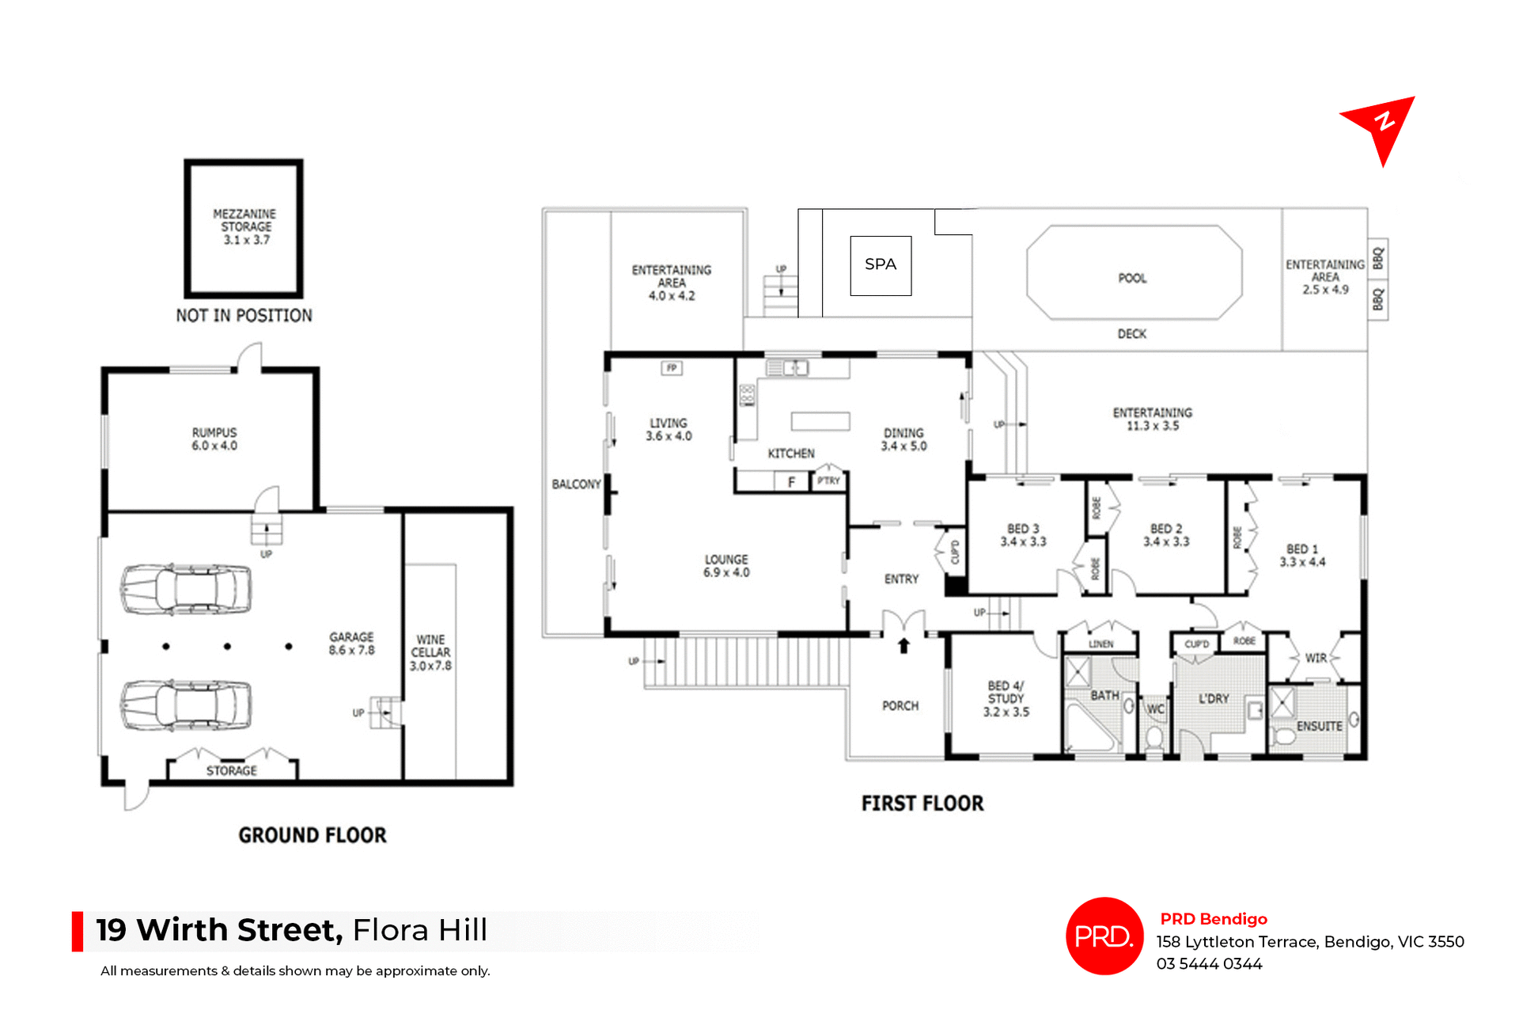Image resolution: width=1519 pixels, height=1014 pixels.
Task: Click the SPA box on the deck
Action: pyautogui.click(x=881, y=265)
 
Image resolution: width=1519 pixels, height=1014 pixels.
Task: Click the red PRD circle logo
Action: pyautogui.click(x=1104, y=936)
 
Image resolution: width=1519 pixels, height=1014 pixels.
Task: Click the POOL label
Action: pyautogui.click(x=1132, y=278)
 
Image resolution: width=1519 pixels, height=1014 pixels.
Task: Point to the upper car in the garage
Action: pyautogui.click(x=186, y=589)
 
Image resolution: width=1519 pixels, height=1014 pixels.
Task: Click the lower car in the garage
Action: pyautogui.click(x=186, y=704)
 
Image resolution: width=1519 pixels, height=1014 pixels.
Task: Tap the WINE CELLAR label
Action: pyautogui.click(x=430, y=652)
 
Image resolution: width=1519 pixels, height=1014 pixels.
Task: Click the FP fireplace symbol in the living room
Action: pyautogui.click(x=672, y=368)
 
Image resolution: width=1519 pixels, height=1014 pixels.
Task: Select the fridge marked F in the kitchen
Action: pyautogui.click(x=791, y=481)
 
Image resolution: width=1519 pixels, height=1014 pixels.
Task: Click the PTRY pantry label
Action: pyautogui.click(x=828, y=480)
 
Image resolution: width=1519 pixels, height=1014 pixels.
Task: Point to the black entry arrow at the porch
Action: pyautogui.click(x=903, y=646)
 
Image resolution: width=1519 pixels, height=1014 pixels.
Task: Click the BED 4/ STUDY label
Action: pyautogui.click(x=1006, y=698)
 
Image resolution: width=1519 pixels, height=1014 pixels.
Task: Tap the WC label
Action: pyautogui.click(x=1155, y=709)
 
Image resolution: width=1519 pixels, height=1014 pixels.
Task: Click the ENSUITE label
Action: pyautogui.click(x=1319, y=726)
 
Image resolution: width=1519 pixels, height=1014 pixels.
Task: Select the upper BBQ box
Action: pyautogui.click(x=1378, y=259)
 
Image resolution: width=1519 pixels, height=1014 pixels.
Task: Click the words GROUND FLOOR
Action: pyautogui.click(x=313, y=835)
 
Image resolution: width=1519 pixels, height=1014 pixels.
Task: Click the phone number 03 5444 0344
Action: pyautogui.click(x=1209, y=963)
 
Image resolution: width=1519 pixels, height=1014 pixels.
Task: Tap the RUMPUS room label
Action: pyautogui.click(x=214, y=439)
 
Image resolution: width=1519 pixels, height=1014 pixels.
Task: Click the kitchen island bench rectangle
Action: pyautogui.click(x=820, y=421)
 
